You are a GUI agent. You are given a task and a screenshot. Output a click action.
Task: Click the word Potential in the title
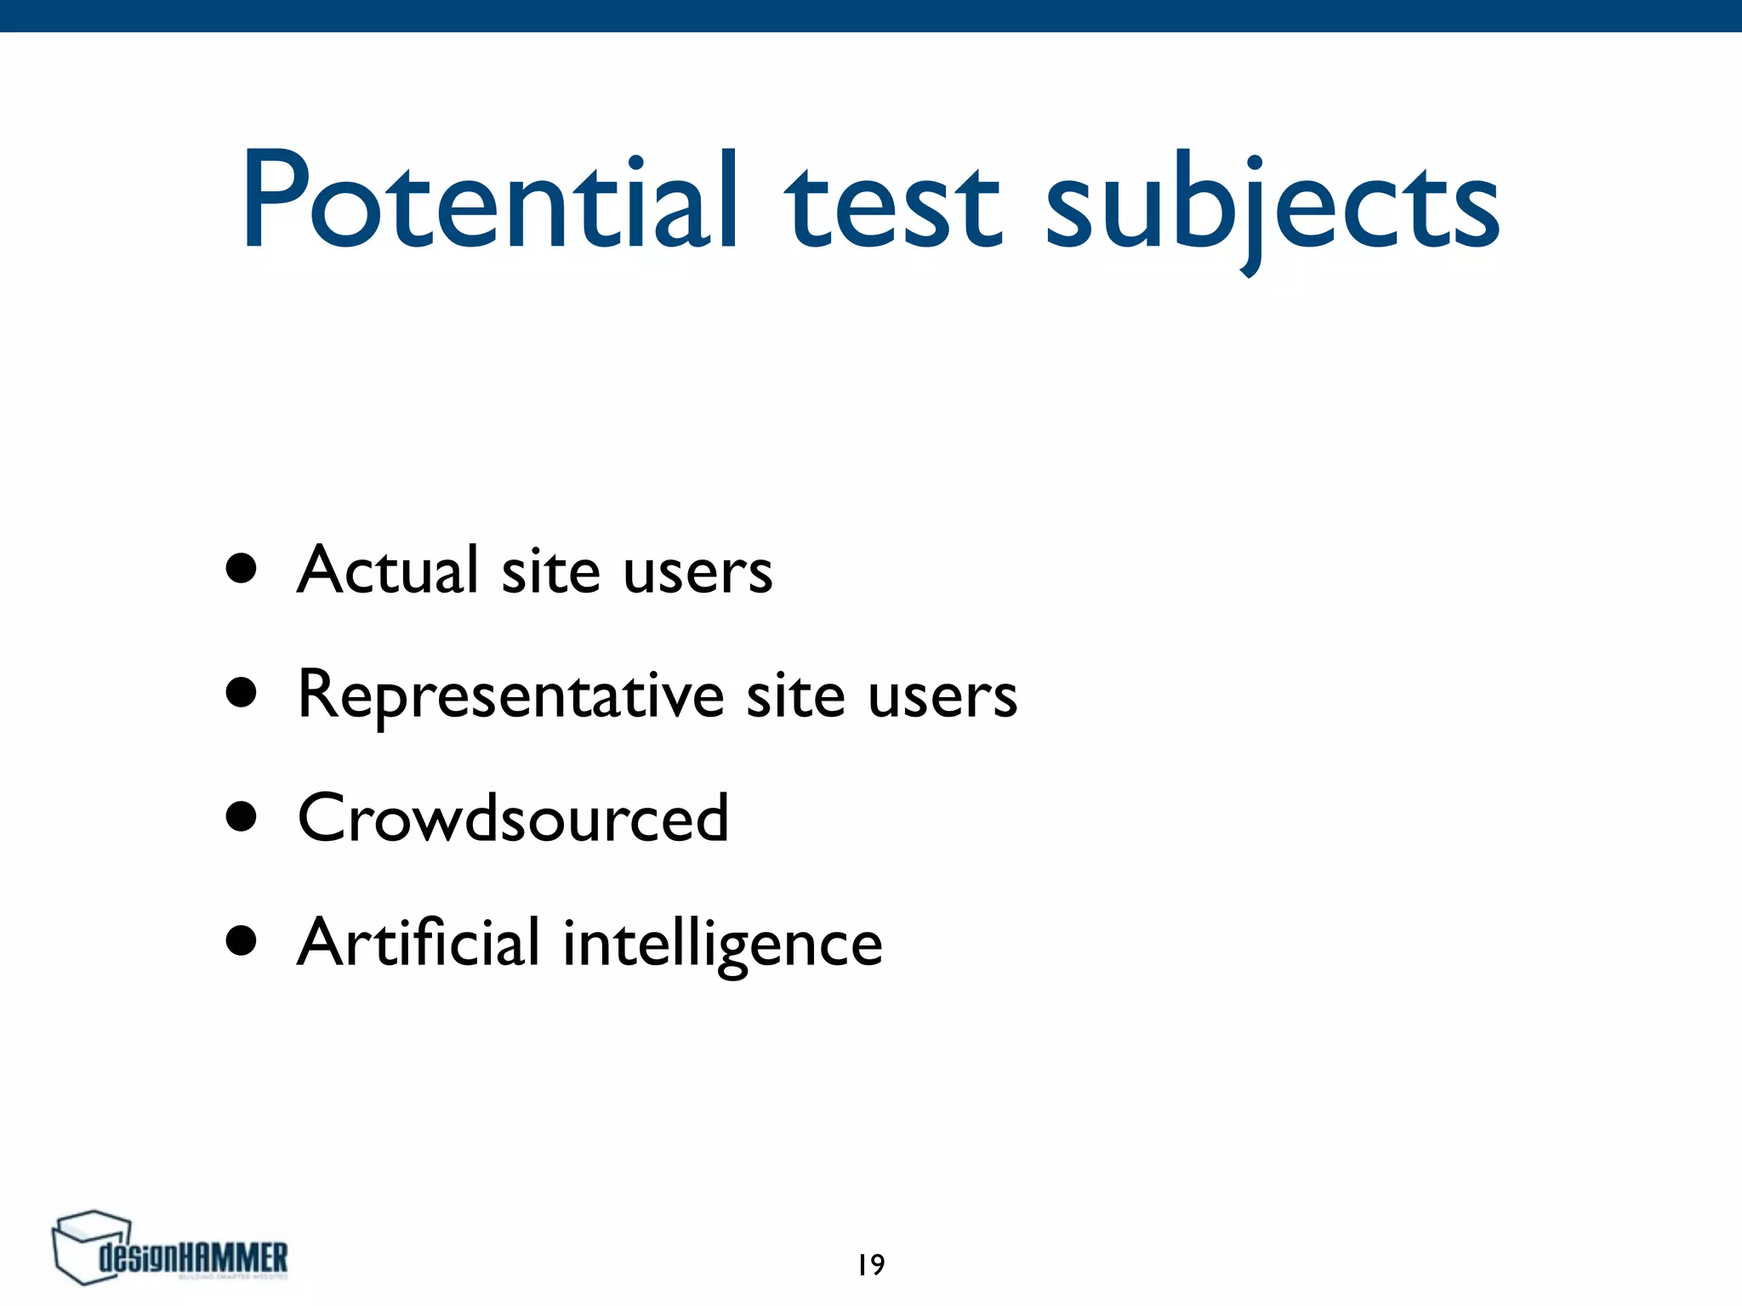click(489, 202)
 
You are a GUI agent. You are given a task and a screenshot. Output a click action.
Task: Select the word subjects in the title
click(1272, 208)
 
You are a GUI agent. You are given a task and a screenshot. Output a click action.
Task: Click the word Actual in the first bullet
click(388, 569)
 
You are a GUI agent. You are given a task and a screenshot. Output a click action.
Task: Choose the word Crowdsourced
click(513, 818)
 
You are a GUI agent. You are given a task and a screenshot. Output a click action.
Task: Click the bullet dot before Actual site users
click(242, 569)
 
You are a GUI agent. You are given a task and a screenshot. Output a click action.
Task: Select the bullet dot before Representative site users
click(242, 692)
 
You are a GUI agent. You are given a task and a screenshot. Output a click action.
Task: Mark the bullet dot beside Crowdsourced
click(242, 817)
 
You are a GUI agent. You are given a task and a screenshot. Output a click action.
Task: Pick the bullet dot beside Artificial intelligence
click(242, 941)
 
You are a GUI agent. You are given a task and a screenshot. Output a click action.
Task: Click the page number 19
click(871, 1265)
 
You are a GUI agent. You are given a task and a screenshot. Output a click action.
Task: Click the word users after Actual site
click(697, 571)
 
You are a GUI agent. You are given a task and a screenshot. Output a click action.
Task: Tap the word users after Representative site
click(942, 696)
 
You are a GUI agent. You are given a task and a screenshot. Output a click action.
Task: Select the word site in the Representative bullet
click(796, 695)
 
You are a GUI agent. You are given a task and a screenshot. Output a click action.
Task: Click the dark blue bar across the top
click(871, 15)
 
